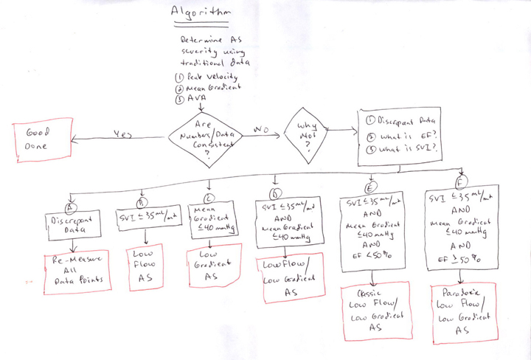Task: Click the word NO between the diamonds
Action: (x=259, y=130)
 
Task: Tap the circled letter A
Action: (x=71, y=198)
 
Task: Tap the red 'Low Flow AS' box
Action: (x=144, y=268)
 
